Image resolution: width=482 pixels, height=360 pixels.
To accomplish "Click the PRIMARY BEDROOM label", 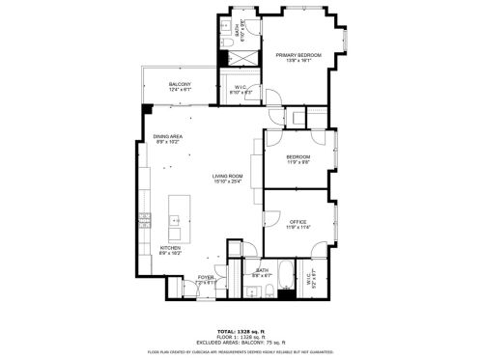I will click(x=298, y=56).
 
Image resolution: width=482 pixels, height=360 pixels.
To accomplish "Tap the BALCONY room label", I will click(x=180, y=85).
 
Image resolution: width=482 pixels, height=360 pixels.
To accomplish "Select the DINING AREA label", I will click(x=167, y=137).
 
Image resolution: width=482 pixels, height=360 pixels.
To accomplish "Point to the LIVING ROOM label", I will click(x=228, y=176).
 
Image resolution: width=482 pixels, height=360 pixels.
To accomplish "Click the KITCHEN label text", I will click(x=170, y=247).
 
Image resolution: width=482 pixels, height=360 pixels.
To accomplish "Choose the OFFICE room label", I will click(x=298, y=223).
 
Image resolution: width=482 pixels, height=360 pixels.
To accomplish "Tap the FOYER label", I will click(x=206, y=277).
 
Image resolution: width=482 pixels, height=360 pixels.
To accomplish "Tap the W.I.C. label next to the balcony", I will click(x=241, y=88).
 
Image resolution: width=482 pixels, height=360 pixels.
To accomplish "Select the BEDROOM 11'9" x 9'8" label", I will click(x=298, y=159).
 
